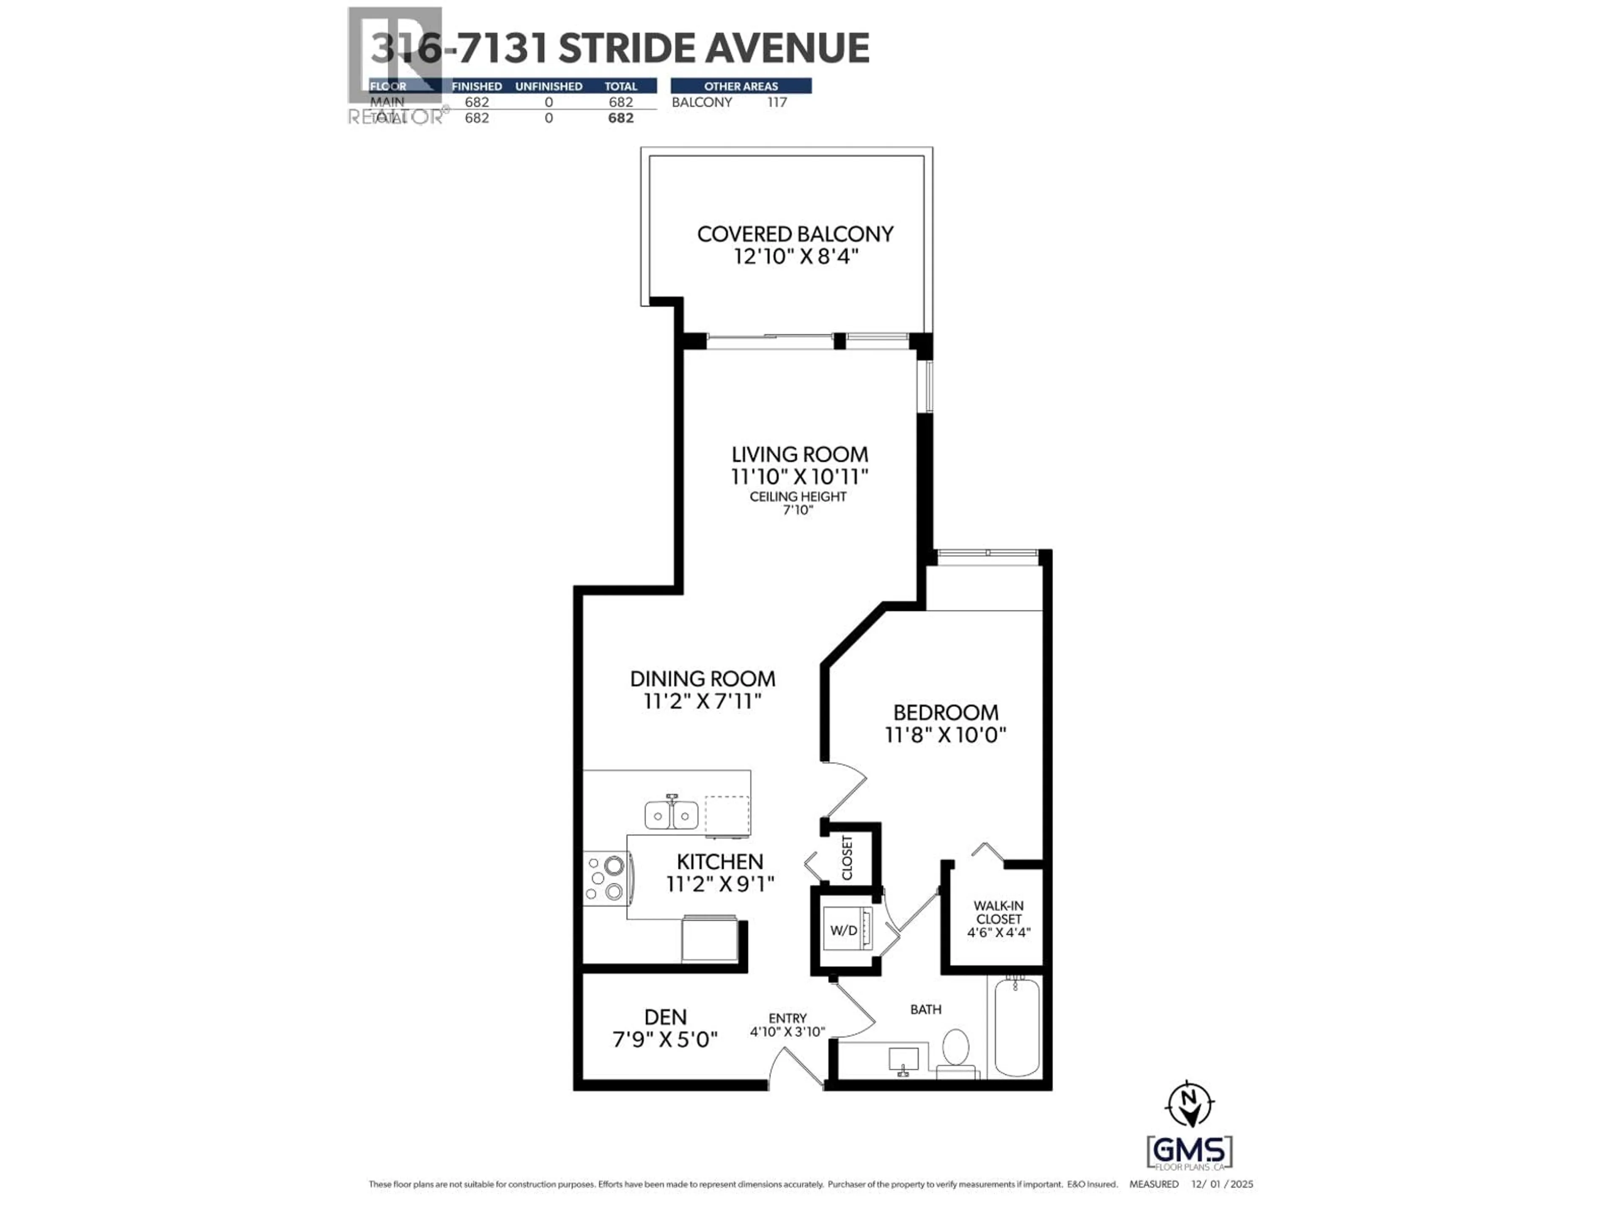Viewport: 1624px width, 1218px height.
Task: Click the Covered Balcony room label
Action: [x=795, y=234]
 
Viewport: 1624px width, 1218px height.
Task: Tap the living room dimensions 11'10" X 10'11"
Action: [x=799, y=477]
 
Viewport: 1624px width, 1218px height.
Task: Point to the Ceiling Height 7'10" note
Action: [x=798, y=503]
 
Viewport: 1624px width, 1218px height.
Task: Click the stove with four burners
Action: [x=604, y=878]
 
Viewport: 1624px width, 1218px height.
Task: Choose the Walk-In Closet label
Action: [x=999, y=913]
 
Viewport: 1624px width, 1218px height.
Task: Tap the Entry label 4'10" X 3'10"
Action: [x=788, y=1025]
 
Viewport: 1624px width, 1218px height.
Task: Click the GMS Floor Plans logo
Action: [x=1189, y=1152]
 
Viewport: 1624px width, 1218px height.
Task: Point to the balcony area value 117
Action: [x=777, y=102]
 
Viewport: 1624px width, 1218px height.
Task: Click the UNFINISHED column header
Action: [x=549, y=86]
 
